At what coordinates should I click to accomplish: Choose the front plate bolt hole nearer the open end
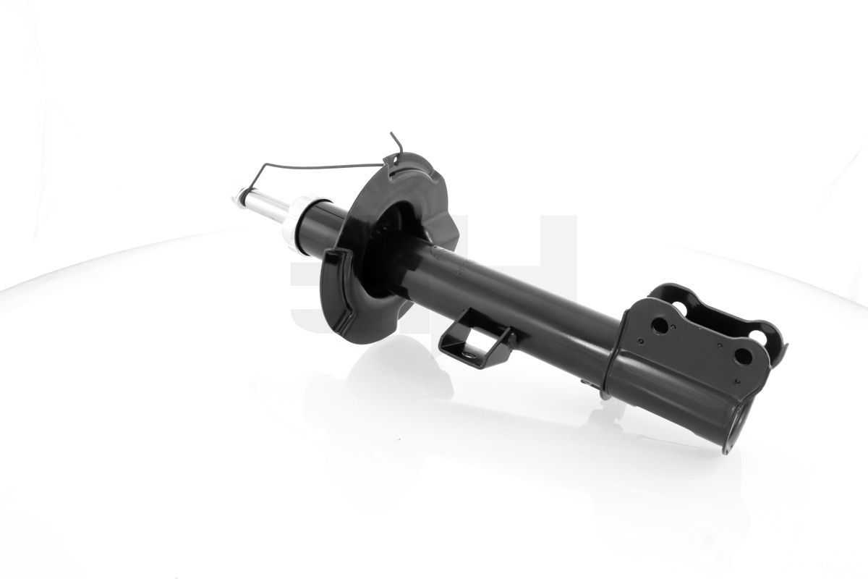742,356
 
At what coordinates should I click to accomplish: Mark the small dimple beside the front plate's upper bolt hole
674,334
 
